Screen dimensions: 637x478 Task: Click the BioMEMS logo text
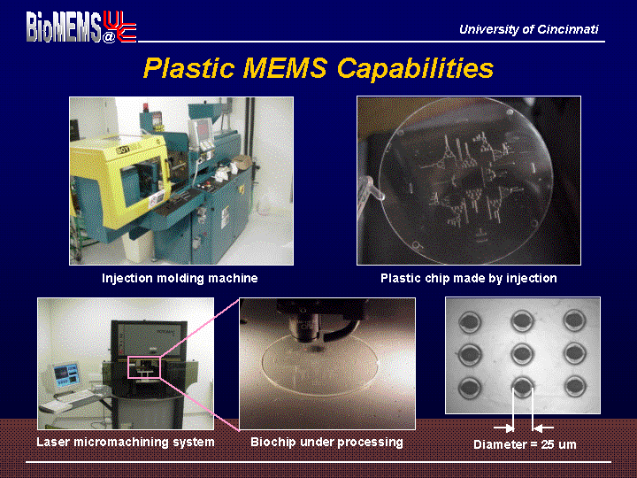point(64,27)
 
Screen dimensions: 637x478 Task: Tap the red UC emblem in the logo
point(119,27)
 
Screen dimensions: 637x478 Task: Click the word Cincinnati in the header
point(567,29)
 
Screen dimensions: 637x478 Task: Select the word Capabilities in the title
point(415,67)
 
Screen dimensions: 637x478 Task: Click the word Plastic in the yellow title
point(189,67)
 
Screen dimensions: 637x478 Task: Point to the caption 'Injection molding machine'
point(180,278)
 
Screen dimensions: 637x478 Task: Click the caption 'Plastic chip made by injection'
point(468,278)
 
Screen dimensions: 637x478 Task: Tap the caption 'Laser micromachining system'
point(126,442)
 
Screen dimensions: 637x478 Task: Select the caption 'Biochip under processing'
point(326,442)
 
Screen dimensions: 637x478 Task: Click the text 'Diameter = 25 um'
point(525,444)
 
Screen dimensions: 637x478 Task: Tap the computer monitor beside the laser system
point(65,374)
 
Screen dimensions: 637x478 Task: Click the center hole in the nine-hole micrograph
point(523,353)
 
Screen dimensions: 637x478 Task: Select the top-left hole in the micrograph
point(471,322)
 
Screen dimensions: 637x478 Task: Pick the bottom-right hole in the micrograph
point(575,386)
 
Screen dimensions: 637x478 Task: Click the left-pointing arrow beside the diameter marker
point(543,428)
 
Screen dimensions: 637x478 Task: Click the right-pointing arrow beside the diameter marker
point(503,428)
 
